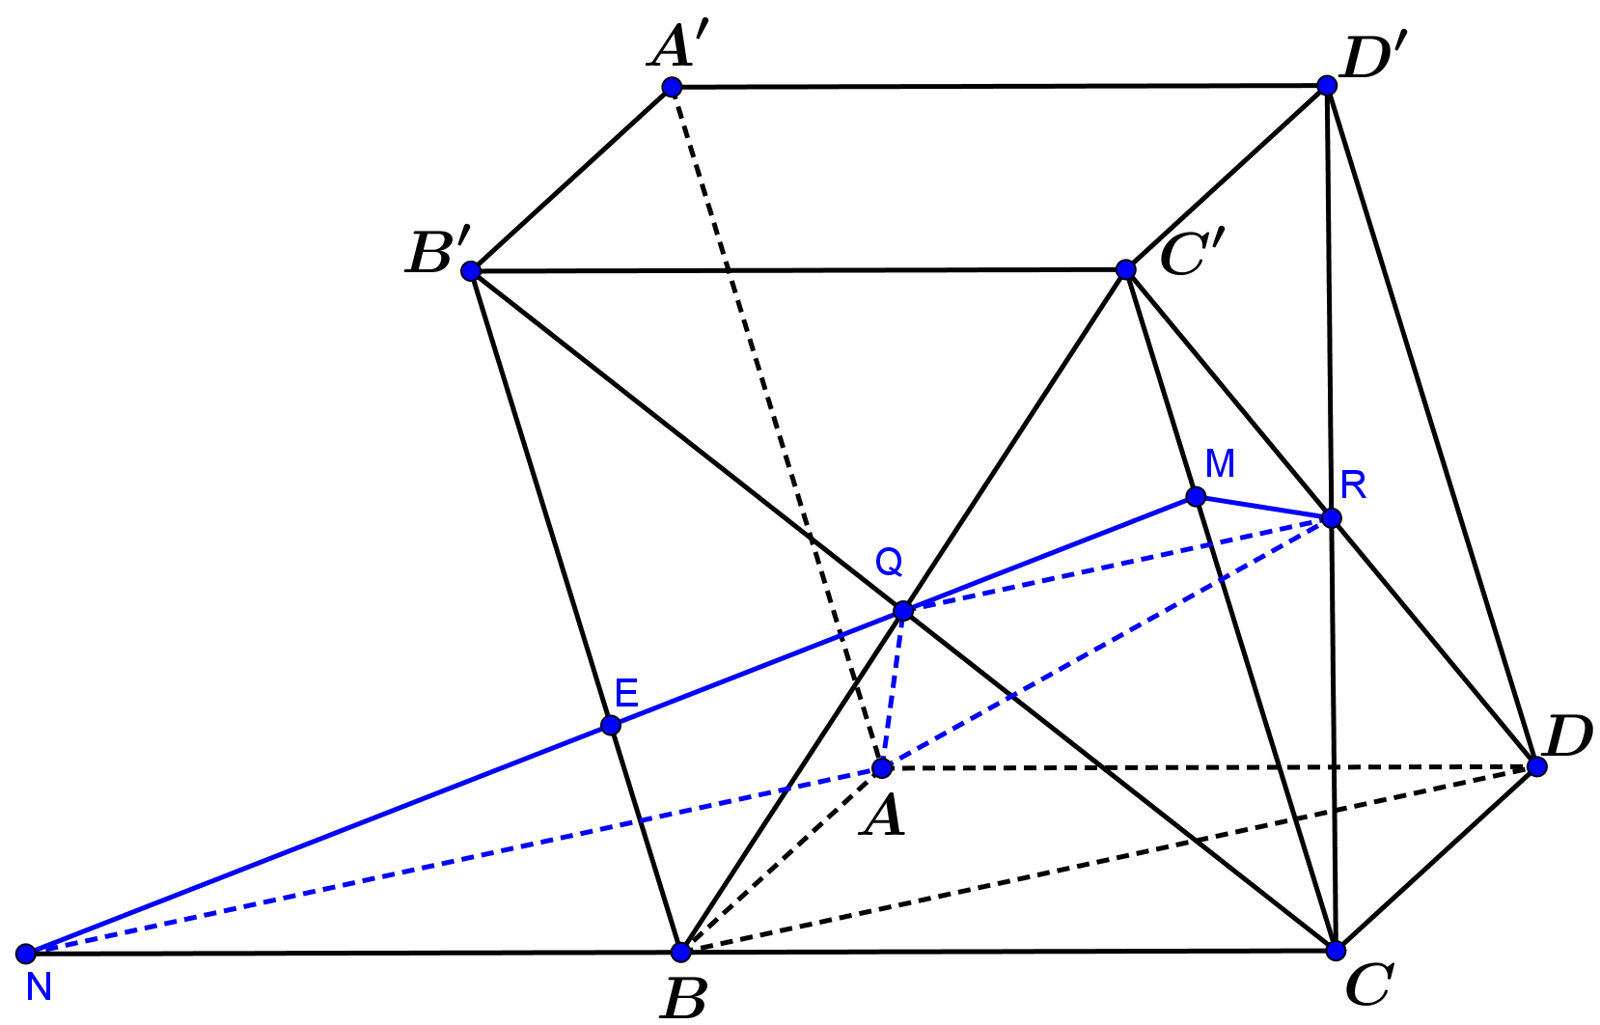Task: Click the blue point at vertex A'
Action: coord(672,87)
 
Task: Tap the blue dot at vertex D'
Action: coord(1327,86)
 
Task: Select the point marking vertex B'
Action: coord(471,271)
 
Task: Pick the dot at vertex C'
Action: coord(1126,270)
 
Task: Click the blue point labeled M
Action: coord(1196,496)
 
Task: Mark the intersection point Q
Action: coord(903,611)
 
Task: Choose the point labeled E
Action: coord(611,726)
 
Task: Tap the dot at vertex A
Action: coord(883,768)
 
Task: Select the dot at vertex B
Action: coord(681,953)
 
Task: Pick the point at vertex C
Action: coord(1336,951)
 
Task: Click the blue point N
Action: coord(26,954)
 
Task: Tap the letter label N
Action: coord(39,988)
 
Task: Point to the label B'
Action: coord(438,252)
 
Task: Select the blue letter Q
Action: coord(890,563)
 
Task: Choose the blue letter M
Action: coord(1220,464)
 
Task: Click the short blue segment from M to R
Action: coord(1263,507)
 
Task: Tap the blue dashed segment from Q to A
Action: coord(893,690)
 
